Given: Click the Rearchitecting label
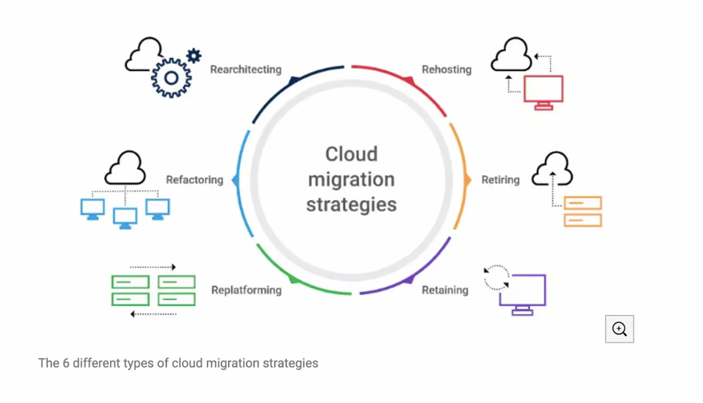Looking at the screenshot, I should pyautogui.click(x=245, y=70).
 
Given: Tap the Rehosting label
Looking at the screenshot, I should pyautogui.click(x=447, y=70).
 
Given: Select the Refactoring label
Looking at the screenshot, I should pyautogui.click(x=194, y=180).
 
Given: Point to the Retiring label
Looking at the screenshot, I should pyautogui.click(x=500, y=180).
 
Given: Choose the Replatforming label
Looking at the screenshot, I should pyautogui.click(x=246, y=290).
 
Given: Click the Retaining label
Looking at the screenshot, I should pyautogui.click(x=445, y=290).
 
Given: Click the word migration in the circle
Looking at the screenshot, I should pyautogui.click(x=351, y=179).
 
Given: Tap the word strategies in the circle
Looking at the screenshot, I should pyautogui.click(x=351, y=204).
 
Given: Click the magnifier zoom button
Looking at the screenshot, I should pyautogui.click(x=619, y=329).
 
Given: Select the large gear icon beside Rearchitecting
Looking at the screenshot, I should pyautogui.click(x=171, y=77).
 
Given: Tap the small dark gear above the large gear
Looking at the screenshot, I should pyautogui.click(x=194, y=56).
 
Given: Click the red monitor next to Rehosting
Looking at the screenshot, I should pyautogui.click(x=543, y=91).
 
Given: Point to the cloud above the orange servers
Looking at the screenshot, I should pyautogui.click(x=551, y=169).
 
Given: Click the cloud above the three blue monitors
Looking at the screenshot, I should pyautogui.click(x=124, y=168).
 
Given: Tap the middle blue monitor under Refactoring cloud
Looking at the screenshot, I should pyautogui.click(x=125, y=218).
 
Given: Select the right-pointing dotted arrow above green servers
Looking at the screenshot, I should pyautogui.click(x=153, y=267).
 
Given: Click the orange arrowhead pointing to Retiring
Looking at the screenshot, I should pyautogui.click(x=467, y=180).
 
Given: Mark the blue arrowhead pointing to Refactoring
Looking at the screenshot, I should pyautogui.click(x=235, y=180).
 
